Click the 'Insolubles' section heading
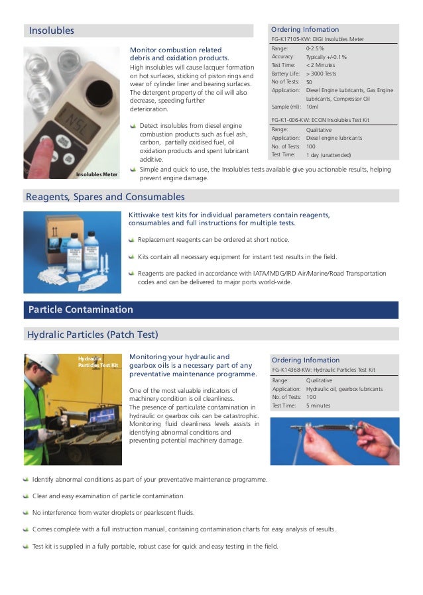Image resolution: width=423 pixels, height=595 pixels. pos(52,30)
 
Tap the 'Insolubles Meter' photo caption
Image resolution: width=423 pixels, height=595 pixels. pos(97,174)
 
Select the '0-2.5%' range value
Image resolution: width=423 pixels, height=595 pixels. pos(315,49)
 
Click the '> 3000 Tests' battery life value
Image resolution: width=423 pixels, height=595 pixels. pos(321,74)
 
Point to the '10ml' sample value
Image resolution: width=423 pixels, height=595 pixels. pos(313,106)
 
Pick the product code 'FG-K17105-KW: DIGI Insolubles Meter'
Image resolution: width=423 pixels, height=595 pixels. pos(318,39)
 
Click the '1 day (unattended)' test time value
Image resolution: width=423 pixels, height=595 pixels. pos(328,154)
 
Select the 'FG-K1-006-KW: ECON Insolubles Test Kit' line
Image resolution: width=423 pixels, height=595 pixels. pos(320,120)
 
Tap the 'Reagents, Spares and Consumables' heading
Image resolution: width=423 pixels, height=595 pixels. pos(105,197)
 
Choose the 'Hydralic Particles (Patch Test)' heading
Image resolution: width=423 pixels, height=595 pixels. pos(92,334)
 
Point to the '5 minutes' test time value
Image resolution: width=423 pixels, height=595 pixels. pos(318,406)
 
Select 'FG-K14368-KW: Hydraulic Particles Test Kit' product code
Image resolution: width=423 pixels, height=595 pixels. pos(323,370)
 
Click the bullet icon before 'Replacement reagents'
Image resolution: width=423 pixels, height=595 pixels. pos(133,239)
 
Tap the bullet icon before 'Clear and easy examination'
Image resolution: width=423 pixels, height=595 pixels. pos(26,496)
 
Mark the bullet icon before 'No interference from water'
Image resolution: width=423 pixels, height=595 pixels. pos(26,512)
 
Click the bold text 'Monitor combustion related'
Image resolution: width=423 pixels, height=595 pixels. pos(175,50)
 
